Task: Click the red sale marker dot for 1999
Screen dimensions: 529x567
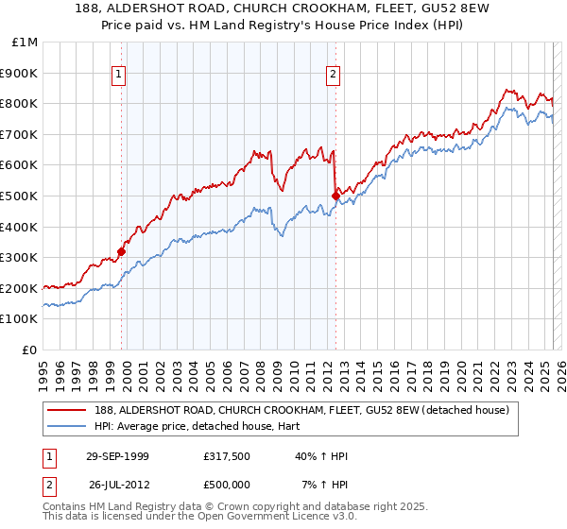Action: coord(122,251)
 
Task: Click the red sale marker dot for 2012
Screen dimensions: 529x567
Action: coord(335,196)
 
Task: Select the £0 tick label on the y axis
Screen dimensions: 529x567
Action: coord(29,350)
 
